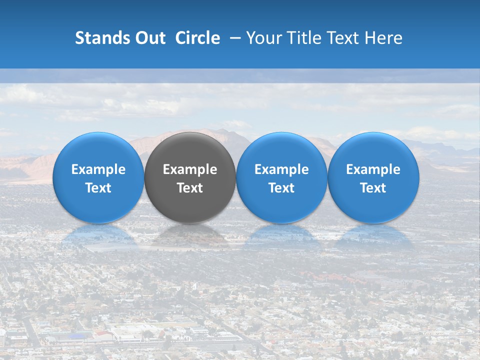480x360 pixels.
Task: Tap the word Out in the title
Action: (x=149, y=38)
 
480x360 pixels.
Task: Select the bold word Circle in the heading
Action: (x=197, y=38)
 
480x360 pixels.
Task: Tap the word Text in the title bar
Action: (x=347, y=38)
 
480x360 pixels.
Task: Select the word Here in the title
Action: (x=385, y=38)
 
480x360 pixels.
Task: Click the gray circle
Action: (x=190, y=150)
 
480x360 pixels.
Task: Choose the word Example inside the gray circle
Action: (x=190, y=169)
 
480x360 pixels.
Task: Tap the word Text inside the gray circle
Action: (x=190, y=188)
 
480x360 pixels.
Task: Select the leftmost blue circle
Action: (x=98, y=150)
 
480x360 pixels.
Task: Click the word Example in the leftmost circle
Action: (x=98, y=169)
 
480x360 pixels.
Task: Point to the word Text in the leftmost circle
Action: (x=98, y=188)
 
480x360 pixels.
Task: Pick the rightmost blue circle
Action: (x=373, y=150)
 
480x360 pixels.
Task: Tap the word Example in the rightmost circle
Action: (x=373, y=169)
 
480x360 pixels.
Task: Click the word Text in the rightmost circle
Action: (x=373, y=188)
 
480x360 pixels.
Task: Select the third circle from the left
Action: (x=281, y=150)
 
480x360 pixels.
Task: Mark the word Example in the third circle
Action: (x=281, y=169)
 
